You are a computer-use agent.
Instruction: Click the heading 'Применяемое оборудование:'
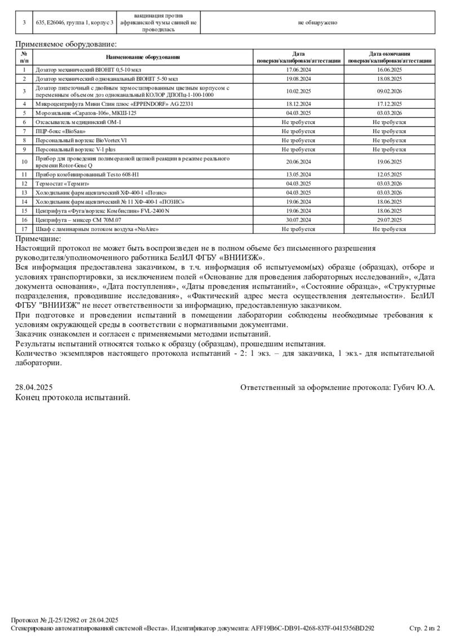[66, 43]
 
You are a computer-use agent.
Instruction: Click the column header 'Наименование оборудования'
[143, 57]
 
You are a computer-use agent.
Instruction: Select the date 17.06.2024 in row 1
[299, 70]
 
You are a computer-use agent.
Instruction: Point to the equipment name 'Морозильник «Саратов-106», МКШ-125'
[86, 113]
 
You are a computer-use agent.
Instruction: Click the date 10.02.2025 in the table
[299, 91]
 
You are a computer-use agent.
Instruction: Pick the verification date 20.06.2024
[299, 162]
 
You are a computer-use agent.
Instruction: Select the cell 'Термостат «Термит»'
[62, 183]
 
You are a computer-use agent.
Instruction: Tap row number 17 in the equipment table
[24, 229]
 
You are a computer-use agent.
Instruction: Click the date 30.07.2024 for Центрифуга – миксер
[299, 220]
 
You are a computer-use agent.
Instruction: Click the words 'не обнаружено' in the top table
[317, 22]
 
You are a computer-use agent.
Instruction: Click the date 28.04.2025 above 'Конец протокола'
[34, 387]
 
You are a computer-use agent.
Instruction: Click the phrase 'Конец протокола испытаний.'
[73, 397]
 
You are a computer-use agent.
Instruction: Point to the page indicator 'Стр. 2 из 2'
[425, 628]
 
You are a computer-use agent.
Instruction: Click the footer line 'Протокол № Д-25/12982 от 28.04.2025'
[65, 619]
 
